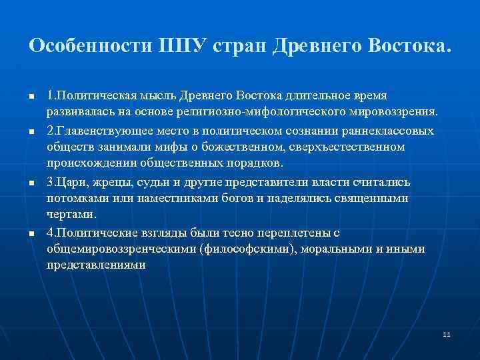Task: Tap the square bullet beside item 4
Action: (31, 233)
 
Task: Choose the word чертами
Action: (72, 215)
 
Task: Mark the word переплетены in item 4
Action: (275, 232)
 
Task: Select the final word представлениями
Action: (96, 265)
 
